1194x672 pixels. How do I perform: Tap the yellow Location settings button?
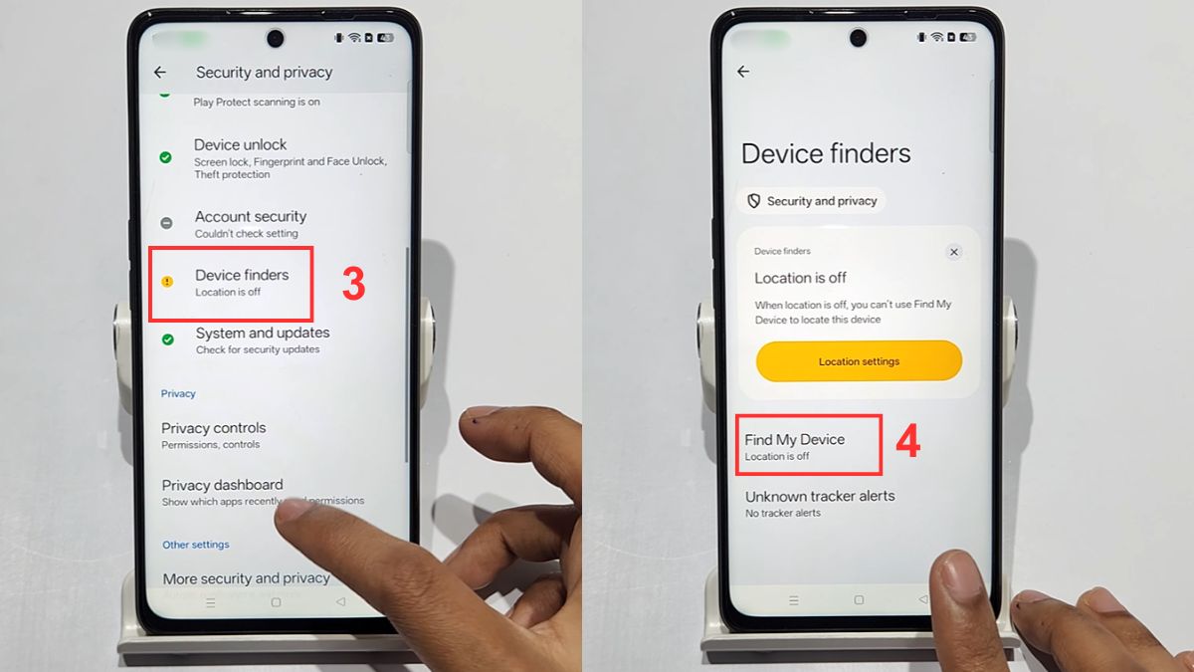click(859, 361)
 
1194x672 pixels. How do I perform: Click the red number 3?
click(354, 285)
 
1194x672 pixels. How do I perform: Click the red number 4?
click(907, 442)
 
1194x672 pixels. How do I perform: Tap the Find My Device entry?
click(795, 445)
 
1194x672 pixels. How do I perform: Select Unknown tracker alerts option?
click(820, 502)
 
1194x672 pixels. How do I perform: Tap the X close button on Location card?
click(953, 252)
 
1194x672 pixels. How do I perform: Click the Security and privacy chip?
click(811, 201)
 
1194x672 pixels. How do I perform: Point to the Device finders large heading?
click(826, 153)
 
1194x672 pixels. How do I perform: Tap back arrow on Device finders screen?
click(743, 72)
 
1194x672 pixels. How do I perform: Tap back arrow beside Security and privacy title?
click(160, 73)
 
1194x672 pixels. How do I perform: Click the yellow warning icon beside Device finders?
click(167, 282)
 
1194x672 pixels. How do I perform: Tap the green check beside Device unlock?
click(166, 157)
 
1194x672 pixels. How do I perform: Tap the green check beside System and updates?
click(167, 339)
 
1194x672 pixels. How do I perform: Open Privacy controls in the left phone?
click(214, 434)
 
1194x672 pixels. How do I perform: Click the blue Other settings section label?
click(196, 545)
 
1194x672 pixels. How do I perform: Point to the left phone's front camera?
click(275, 38)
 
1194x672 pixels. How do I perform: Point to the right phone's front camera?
click(858, 38)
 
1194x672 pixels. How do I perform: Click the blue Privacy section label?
click(179, 393)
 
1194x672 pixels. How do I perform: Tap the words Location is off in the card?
click(800, 278)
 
